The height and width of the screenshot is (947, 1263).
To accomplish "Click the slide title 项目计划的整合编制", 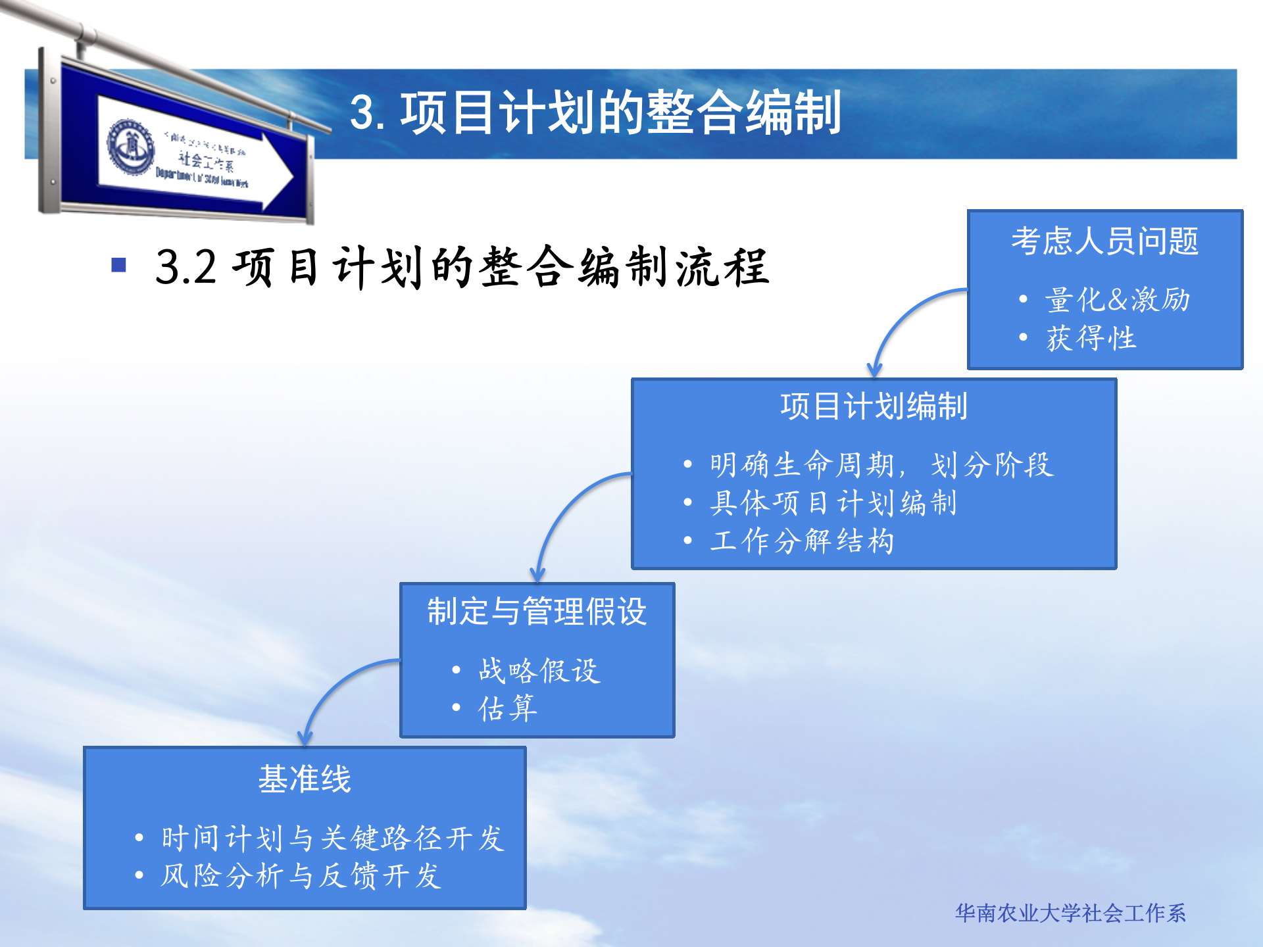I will click(x=595, y=113).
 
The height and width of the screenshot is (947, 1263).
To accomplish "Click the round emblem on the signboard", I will click(x=132, y=147).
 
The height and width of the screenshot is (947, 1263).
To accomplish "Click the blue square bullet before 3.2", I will click(x=119, y=265).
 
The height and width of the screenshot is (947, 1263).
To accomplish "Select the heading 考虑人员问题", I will click(x=1104, y=241).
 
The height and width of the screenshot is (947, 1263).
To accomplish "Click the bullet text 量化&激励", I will click(x=1117, y=300).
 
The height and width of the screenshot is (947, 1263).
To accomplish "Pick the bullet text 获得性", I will click(x=1091, y=338).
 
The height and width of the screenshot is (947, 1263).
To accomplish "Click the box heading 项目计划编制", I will click(x=874, y=406).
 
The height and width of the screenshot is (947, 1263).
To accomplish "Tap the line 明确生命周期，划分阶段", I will click(x=881, y=465).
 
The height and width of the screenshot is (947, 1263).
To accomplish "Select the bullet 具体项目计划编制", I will click(x=833, y=503).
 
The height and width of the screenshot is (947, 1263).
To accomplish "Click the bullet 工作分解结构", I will click(x=802, y=541).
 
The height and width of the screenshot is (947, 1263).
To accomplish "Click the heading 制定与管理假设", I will click(x=537, y=612).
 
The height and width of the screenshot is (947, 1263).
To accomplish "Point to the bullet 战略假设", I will click(x=539, y=671).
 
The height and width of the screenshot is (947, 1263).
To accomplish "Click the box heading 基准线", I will click(x=305, y=779).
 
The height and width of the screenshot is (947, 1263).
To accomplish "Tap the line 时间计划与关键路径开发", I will click(x=332, y=838).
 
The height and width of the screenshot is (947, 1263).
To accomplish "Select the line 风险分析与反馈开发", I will click(x=301, y=876).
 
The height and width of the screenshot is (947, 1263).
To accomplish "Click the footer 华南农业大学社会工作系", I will click(x=1070, y=913).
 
